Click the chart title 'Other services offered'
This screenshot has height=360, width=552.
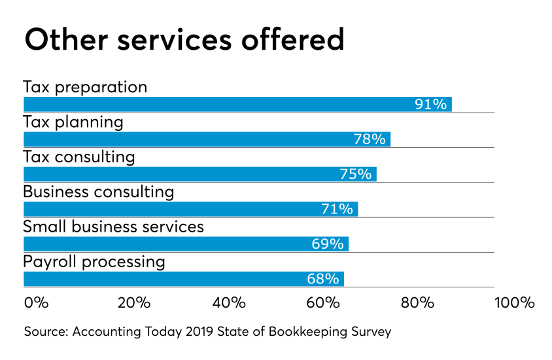click(184, 41)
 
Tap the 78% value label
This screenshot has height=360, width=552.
click(369, 139)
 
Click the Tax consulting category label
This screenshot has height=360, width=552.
click(78, 157)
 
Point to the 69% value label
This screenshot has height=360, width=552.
click(327, 244)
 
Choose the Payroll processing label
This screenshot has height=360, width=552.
click(94, 262)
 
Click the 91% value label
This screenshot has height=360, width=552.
click(430, 105)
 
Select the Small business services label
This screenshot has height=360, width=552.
click(113, 227)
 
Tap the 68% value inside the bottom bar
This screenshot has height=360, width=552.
click(322, 279)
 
